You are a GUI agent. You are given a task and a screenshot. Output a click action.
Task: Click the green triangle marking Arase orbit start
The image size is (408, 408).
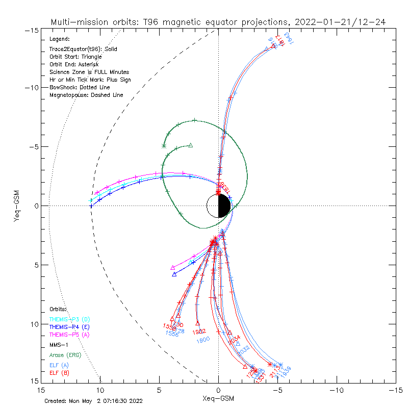pos(191,145)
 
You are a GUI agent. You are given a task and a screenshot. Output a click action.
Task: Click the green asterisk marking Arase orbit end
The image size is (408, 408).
pos(164,146)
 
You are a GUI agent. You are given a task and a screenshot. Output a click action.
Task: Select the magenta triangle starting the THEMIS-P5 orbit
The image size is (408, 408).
pos(173,268)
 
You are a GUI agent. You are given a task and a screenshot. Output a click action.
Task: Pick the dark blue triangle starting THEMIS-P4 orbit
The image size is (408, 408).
pos(174,274)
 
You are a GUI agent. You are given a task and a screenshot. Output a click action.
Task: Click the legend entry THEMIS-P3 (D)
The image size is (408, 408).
pos(69,319)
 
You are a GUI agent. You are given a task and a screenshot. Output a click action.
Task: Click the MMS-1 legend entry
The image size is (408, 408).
pos(59,345)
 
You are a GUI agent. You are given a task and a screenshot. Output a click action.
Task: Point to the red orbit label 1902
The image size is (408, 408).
pos(199,332)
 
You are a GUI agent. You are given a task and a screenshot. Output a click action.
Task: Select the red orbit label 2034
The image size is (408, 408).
pos(234,339)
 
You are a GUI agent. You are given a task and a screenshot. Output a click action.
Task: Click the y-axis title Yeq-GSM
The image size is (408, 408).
pos(17,206)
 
